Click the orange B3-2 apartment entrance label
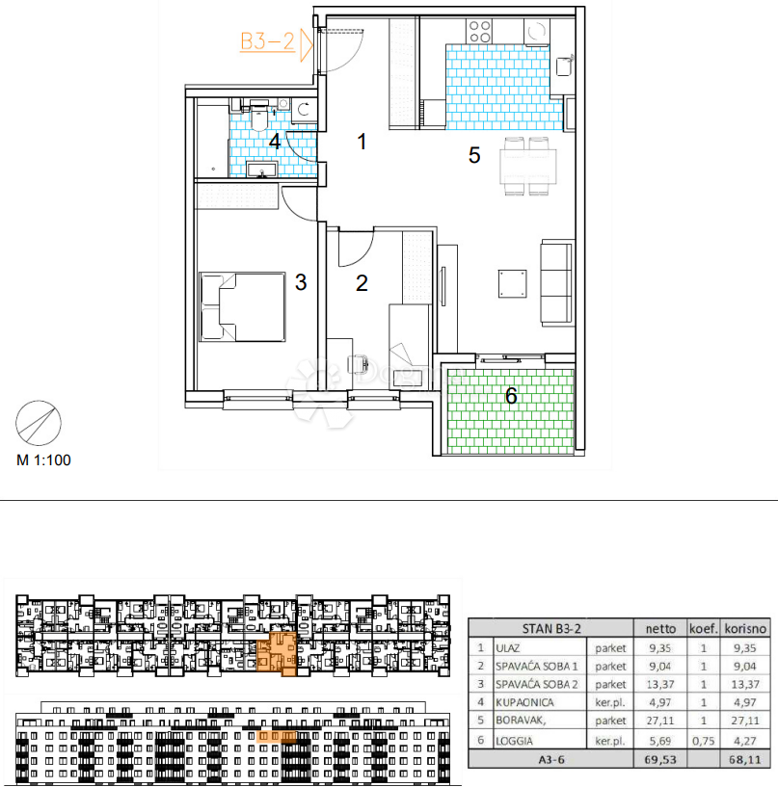point(267,41)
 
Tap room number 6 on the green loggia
point(511,396)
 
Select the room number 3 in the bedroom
point(301,282)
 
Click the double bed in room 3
point(243,307)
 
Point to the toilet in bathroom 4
point(259,116)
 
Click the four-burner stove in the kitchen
point(478,31)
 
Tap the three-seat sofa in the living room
point(556,283)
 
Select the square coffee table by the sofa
point(512,283)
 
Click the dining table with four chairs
point(528,166)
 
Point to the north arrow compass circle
point(39,423)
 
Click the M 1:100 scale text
point(43,460)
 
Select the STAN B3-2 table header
point(551,629)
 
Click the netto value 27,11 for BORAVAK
point(660,721)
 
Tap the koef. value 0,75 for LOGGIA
point(703,741)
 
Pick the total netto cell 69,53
point(660,759)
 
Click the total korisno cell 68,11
point(745,759)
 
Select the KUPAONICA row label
point(524,702)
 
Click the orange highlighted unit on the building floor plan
point(277,653)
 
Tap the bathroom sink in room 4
point(261,170)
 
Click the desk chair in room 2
point(358,364)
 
